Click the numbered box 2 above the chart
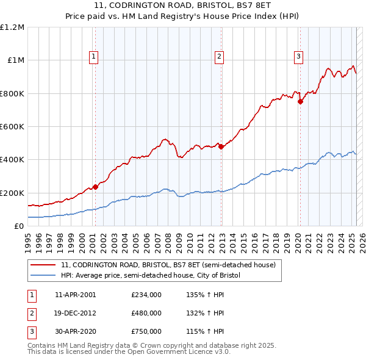pos(219,57)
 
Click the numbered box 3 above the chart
pos(299,57)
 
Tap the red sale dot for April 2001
pos(95,187)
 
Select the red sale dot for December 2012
pos(221,146)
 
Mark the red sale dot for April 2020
pos(300,102)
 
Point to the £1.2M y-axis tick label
pos(12,27)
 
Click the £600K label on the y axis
pos(12,127)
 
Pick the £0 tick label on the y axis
pos(19,226)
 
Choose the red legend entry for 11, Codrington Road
pos(168,265)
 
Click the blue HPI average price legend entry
pos(151,276)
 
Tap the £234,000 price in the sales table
pos(146,295)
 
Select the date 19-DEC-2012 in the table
pos(75,313)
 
